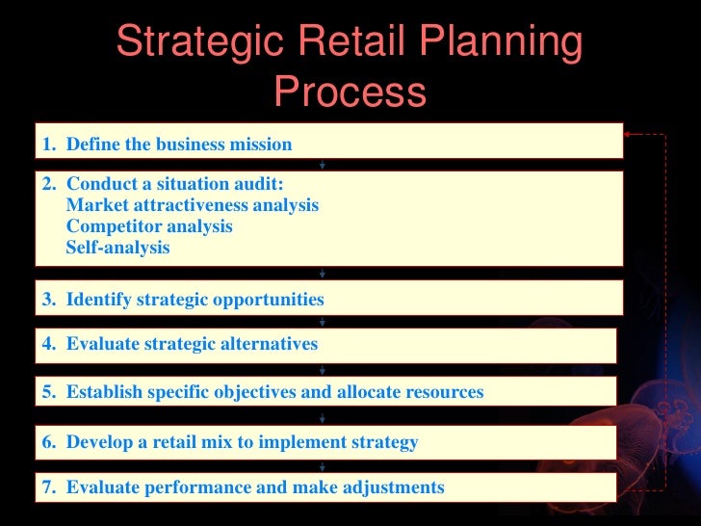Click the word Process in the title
coord(350,93)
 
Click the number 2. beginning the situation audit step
coord(50,184)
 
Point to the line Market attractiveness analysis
coord(192,205)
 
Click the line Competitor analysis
coord(149,226)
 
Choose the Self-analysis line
coord(117,248)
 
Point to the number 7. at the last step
coord(50,487)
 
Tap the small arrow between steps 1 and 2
coord(322,165)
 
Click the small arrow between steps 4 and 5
coord(322,369)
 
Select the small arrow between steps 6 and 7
coord(322,466)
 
